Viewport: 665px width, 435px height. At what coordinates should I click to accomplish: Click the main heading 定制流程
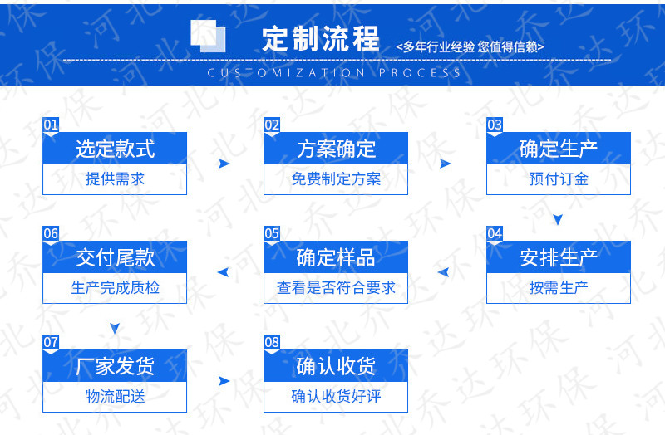click(x=320, y=38)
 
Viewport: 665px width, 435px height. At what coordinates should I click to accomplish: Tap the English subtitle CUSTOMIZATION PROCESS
click(x=334, y=73)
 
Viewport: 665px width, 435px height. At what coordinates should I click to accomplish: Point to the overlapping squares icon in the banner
click(x=208, y=36)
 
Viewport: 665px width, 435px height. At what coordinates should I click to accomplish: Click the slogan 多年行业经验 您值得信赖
click(x=470, y=46)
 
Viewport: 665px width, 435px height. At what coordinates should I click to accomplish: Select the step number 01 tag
click(x=51, y=125)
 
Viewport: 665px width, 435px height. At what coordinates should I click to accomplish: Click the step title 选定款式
click(x=115, y=149)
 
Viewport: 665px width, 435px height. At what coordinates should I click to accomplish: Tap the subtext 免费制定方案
click(x=336, y=179)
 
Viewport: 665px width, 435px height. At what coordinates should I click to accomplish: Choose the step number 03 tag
click(x=495, y=125)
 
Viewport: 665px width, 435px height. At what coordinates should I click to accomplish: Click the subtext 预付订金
click(x=558, y=179)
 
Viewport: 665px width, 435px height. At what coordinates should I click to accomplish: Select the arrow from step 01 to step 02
click(x=224, y=164)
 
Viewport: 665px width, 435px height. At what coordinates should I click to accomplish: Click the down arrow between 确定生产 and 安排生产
click(x=558, y=219)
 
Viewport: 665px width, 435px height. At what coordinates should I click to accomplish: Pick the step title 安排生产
click(x=558, y=257)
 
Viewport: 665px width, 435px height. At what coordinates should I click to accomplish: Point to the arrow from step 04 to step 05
click(x=443, y=272)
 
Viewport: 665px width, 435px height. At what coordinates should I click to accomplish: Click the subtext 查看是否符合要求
click(x=336, y=288)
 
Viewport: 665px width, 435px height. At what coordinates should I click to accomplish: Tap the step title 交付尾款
click(x=115, y=257)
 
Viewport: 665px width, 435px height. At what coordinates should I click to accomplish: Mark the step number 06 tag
click(x=51, y=234)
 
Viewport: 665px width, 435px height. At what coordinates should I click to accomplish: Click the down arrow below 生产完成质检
click(x=115, y=328)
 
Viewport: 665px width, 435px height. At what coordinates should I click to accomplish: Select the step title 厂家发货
click(x=115, y=366)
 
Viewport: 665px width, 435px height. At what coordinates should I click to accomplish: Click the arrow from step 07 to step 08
click(x=224, y=381)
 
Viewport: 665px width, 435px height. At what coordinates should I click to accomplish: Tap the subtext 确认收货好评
click(x=336, y=397)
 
